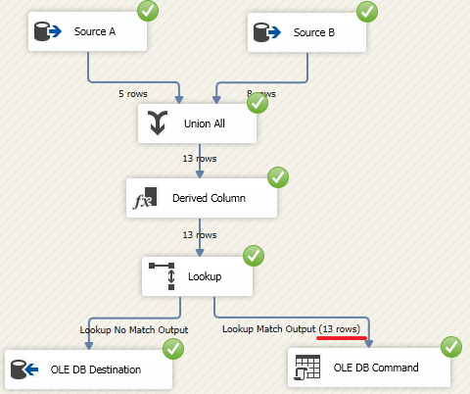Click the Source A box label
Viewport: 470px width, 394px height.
point(95,31)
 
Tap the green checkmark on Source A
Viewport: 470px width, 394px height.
point(149,12)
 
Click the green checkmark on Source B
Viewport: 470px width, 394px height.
point(367,12)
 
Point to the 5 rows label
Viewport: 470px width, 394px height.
point(133,94)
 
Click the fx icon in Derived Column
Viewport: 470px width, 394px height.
point(146,199)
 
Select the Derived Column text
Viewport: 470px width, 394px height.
point(209,198)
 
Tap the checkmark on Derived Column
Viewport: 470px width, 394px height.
point(278,177)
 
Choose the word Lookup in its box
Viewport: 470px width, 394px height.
point(205,275)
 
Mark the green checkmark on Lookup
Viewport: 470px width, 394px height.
point(254,255)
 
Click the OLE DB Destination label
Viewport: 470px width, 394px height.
point(97,369)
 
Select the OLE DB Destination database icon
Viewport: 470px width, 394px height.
point(23,369)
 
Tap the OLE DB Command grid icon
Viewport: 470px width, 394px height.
point(306,369)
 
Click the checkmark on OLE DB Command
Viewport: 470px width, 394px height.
point(451,346)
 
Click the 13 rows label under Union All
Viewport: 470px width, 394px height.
point(200,158)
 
